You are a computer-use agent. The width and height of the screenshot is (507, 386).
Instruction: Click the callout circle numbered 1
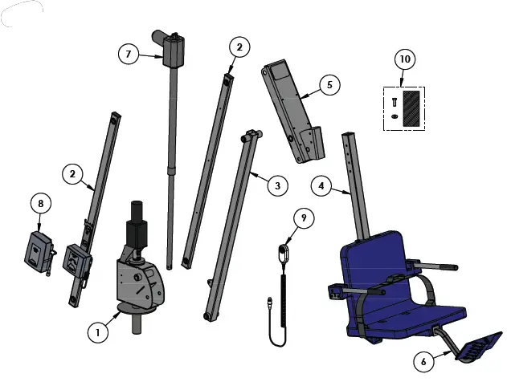(98, 331)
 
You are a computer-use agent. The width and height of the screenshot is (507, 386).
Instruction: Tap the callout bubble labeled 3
(276, 186)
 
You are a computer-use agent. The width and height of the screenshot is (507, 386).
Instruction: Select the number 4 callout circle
(322, 187)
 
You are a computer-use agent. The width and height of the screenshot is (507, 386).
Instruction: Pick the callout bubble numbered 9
(304, 217)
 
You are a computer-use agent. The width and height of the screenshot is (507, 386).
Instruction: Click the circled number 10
(405, 59)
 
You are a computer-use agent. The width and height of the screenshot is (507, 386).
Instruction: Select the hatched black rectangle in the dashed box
(411, 107)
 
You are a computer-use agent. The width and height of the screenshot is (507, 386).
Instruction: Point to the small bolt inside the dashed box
(394, 102)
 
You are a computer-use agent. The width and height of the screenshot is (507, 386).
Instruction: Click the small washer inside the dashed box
(394, 117)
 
